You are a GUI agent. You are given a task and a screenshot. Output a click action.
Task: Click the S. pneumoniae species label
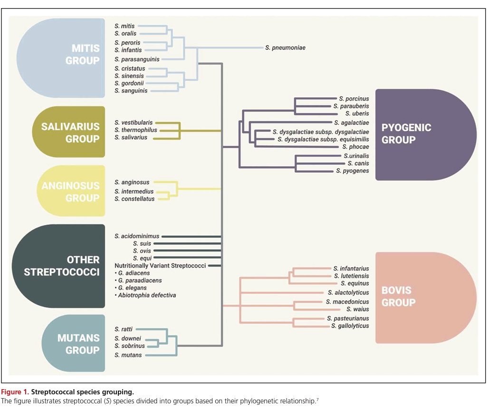click(x=285, y=48)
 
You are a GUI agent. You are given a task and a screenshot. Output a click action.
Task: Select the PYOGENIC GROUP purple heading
click(x=400, y=134)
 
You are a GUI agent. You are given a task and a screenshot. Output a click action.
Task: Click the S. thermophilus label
click(x=135, y=130)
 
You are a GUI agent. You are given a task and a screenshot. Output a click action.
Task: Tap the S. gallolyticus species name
click(x=350, y=326)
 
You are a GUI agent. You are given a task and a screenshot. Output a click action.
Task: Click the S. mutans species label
click(x=128, y=355)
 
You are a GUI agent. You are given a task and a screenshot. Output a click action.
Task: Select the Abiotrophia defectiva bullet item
click(x=145, y=295)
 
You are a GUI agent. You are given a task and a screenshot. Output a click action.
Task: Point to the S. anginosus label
click(x=132, y=182)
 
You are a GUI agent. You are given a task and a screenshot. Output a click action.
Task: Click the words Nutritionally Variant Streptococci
click(x=160, y=266)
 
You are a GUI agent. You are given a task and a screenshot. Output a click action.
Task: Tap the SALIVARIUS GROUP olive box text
click(x=70, y=133)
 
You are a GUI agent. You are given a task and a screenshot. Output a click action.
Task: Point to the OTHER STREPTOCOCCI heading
click(x=62, y=266)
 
